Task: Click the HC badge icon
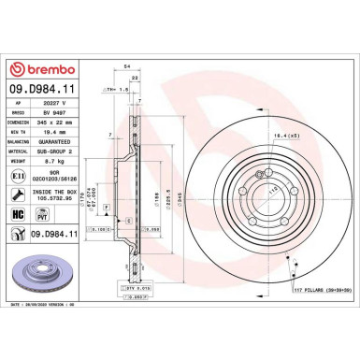coord(18,214)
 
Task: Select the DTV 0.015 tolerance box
coord(137,290)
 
